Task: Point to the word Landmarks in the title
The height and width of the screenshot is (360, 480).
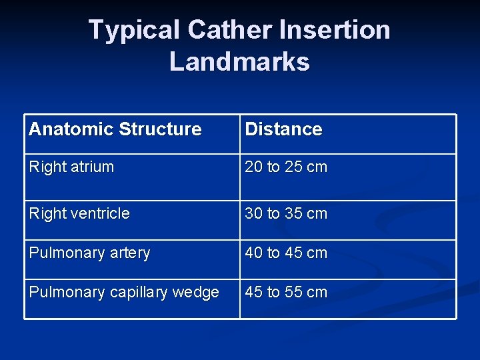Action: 239,61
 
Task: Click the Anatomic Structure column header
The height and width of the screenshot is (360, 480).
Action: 115,129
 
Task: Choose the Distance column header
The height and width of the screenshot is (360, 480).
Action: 283,129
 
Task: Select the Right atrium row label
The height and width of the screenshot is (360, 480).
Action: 71,167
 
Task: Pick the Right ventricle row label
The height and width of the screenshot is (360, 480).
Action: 79,214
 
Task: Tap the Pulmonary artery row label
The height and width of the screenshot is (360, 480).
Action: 89,253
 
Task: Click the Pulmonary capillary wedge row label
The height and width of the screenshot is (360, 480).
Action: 124,293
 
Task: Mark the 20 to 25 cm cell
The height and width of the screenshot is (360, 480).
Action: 286,167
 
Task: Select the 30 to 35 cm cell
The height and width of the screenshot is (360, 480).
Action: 286,214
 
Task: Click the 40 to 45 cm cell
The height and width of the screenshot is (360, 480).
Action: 286,253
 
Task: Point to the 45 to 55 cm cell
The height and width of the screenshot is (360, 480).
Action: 286,293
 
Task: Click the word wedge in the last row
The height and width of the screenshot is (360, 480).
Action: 195,293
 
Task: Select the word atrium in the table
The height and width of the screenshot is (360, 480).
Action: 92,167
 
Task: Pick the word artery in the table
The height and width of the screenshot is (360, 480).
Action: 129,253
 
